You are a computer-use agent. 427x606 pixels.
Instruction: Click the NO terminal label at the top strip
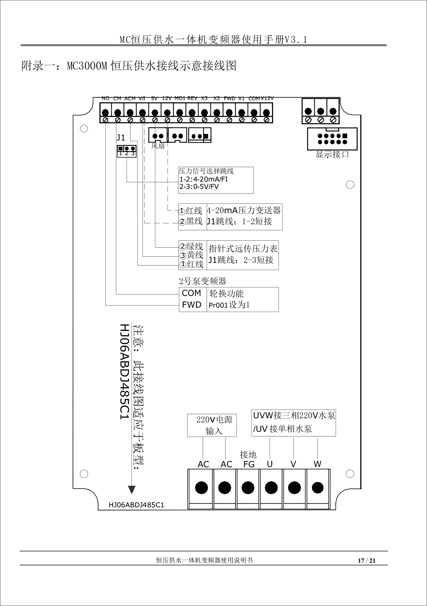click(x=105, y=98)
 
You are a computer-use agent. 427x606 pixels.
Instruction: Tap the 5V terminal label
click(x=154, y=98)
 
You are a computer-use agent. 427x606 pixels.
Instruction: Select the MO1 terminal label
click(x=180, y=98)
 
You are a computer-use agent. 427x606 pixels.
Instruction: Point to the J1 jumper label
click(x=121, y=138)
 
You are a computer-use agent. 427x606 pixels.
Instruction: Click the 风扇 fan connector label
click(x=158, y=146)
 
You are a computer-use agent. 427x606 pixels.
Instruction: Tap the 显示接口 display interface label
click(x=332, y=154)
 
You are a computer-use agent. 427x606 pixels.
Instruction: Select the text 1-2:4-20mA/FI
click(x=203, y=179)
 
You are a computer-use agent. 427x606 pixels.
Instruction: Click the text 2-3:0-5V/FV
click(x=199, y=187)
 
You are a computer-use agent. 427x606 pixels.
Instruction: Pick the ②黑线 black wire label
click(x=191, y=221)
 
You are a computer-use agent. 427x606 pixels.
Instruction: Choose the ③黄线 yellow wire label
click(x=191, y=255)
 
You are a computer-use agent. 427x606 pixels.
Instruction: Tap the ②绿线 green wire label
click(x=191, y=247)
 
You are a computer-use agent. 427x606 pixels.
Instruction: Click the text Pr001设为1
click(x=229, y=305)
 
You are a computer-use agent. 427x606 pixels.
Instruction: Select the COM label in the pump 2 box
click(x=191, y=293)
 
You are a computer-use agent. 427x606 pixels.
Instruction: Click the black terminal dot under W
click(x=318, y=488)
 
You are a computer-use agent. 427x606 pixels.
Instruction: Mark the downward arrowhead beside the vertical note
click(x=132, y=490)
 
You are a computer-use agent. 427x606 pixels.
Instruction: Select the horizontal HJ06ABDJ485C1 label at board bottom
click(x=137, y=505)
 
